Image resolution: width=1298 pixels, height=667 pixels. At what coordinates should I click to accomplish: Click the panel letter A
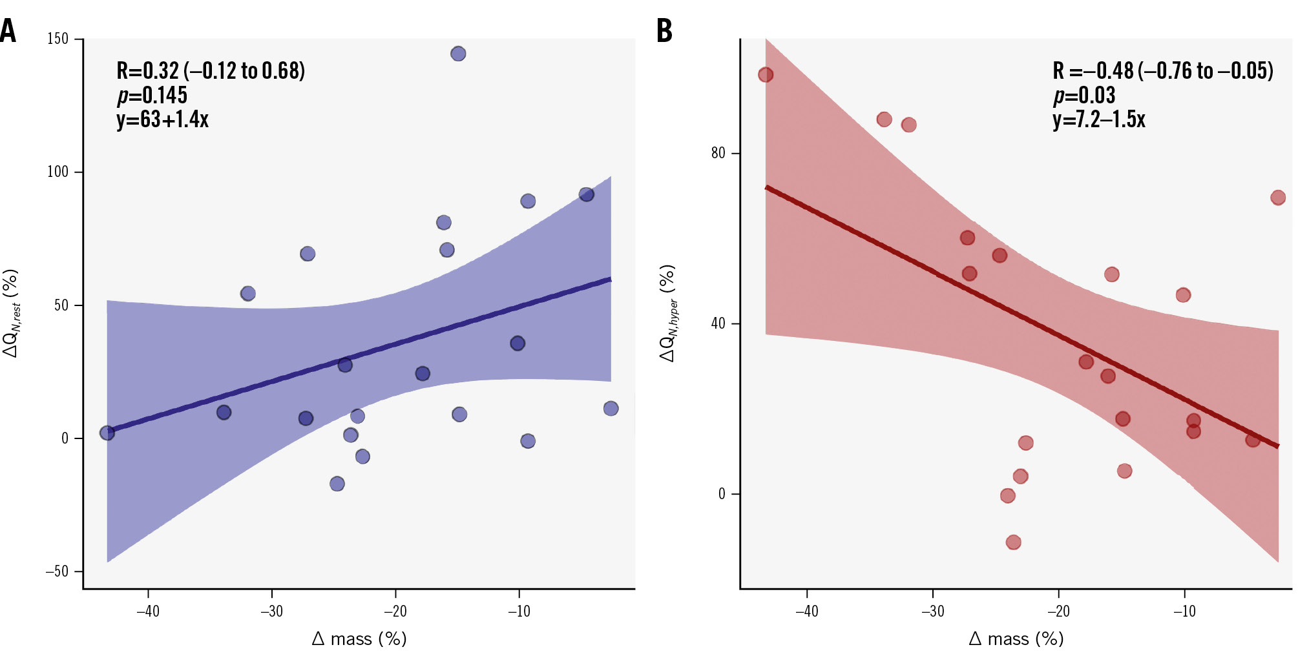click(8, 30)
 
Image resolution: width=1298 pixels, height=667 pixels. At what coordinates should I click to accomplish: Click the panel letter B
click(664, 30)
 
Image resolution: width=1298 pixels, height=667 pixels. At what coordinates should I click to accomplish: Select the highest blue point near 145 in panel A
click(458, 54)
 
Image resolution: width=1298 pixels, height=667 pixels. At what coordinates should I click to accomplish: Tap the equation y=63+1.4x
click(163, 119)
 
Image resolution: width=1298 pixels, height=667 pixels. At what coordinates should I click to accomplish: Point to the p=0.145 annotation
click(152, 95)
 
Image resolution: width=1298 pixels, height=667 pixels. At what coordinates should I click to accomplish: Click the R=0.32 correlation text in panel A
click(211, 70)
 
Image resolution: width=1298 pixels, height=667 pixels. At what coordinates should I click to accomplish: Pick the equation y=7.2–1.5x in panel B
click(1099, 119)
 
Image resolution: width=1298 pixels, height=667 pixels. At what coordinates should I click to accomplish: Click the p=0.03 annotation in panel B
click(1084, 95)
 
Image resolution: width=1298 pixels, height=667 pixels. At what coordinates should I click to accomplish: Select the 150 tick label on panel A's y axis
click(58, 39)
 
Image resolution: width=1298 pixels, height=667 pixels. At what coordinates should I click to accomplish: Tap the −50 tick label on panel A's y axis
click(56, 571)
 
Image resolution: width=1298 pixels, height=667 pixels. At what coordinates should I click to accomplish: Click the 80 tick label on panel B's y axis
click(718, 153)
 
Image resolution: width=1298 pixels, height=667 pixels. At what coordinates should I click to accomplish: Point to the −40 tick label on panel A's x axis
click(148, 611)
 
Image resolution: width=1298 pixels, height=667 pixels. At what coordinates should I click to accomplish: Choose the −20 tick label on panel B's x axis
click(1058, 611)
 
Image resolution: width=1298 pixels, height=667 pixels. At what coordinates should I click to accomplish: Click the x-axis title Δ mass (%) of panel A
click(359, 639)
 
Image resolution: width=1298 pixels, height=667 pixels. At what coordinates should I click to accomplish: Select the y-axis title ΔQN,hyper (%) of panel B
click(669, 313)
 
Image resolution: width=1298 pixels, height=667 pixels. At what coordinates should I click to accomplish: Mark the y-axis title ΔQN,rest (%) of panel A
click(12, 313)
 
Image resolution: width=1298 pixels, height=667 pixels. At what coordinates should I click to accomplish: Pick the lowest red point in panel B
click(1014, 542)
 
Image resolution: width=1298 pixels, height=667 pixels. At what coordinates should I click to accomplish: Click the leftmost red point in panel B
click(766, 75)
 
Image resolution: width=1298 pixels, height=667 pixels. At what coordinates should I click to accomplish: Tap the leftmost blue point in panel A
click(107, 433)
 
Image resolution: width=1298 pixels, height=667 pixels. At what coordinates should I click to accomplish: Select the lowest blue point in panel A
click(337, 484)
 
